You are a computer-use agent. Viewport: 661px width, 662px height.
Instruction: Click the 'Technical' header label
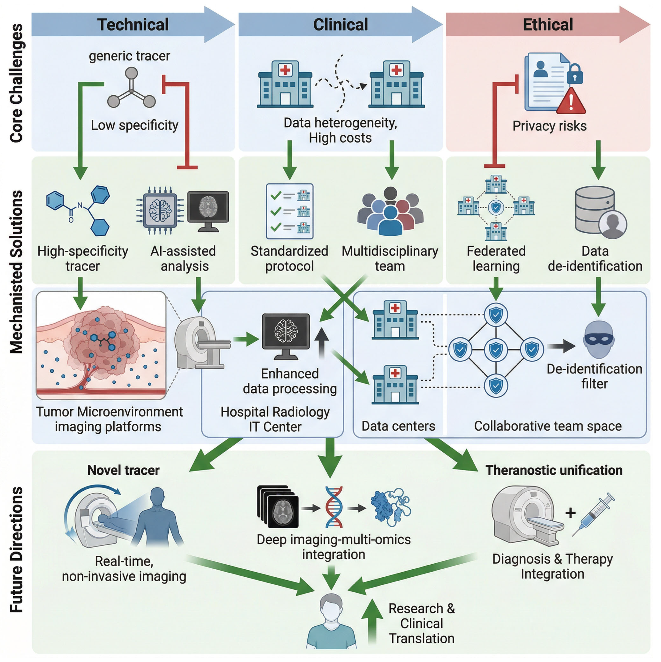(x=133, y=25)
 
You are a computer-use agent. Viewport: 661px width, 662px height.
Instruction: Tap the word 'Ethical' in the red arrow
(x=548, y=25)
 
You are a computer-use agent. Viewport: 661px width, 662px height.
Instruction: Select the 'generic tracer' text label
(x=130, y=56)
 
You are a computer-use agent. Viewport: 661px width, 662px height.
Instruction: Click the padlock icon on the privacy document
(x=575, y=73)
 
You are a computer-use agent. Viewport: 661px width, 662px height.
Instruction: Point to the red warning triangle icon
(x=571, y=101)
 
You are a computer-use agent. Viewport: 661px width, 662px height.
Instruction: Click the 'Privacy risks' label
(x=549, y=126)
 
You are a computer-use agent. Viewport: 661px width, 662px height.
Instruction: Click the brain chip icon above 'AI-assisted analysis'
(x=160, y=210)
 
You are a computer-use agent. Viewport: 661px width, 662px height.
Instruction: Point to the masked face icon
(x=599, y=339)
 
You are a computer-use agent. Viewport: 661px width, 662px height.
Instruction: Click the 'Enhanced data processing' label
(x=290, y=381)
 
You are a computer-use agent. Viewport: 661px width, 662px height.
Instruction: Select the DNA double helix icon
(x=334, y=507)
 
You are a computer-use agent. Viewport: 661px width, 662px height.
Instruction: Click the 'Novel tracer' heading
(x=123, y=470)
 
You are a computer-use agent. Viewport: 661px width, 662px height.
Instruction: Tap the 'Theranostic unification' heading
(x=554, y=470)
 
